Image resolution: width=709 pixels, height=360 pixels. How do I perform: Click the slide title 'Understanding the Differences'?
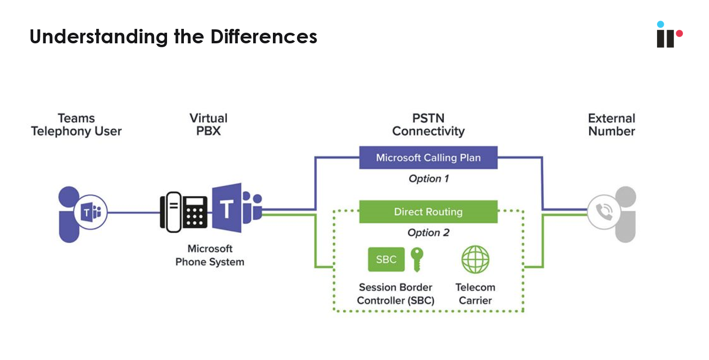173,37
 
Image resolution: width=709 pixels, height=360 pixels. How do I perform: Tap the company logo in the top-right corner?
669,35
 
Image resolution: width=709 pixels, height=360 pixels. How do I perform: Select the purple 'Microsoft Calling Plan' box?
428,158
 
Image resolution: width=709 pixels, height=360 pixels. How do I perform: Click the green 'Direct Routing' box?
428,212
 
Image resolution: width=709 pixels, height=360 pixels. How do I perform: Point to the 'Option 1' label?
428,179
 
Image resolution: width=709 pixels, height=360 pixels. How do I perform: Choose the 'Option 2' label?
428,233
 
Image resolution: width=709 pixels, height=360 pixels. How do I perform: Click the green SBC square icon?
386,260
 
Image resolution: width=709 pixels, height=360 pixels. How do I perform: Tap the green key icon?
417,259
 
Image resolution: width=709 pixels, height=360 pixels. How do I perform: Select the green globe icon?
475,259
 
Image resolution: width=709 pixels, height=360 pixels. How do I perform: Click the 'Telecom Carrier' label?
475,294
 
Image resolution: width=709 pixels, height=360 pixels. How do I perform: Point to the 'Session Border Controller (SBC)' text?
395,294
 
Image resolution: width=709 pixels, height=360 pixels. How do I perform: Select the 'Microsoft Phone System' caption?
209,256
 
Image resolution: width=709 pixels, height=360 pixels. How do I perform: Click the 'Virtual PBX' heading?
208,125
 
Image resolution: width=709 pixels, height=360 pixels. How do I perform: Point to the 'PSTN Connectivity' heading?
428,125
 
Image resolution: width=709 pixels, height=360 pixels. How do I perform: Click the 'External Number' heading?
611,125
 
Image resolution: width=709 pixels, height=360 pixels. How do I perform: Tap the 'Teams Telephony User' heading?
76,125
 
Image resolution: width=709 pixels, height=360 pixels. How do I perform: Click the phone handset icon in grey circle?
603,212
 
